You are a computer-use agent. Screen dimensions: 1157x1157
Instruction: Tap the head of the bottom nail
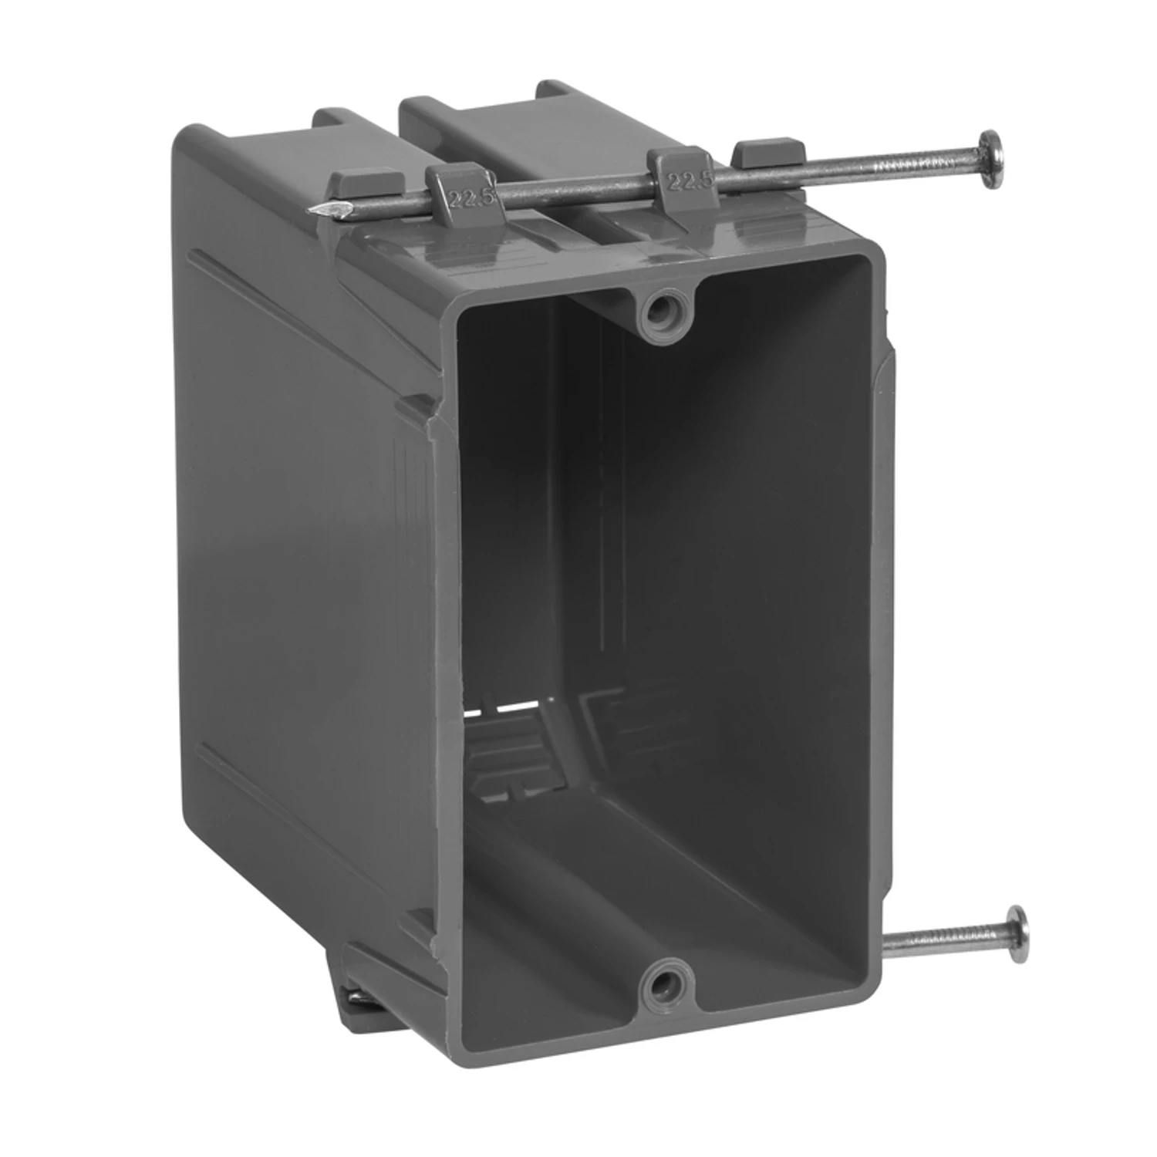pyautogui.click(x=1017, y=934)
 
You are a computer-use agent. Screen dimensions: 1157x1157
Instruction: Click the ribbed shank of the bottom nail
pyautogui.click(x=942, y=939)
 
